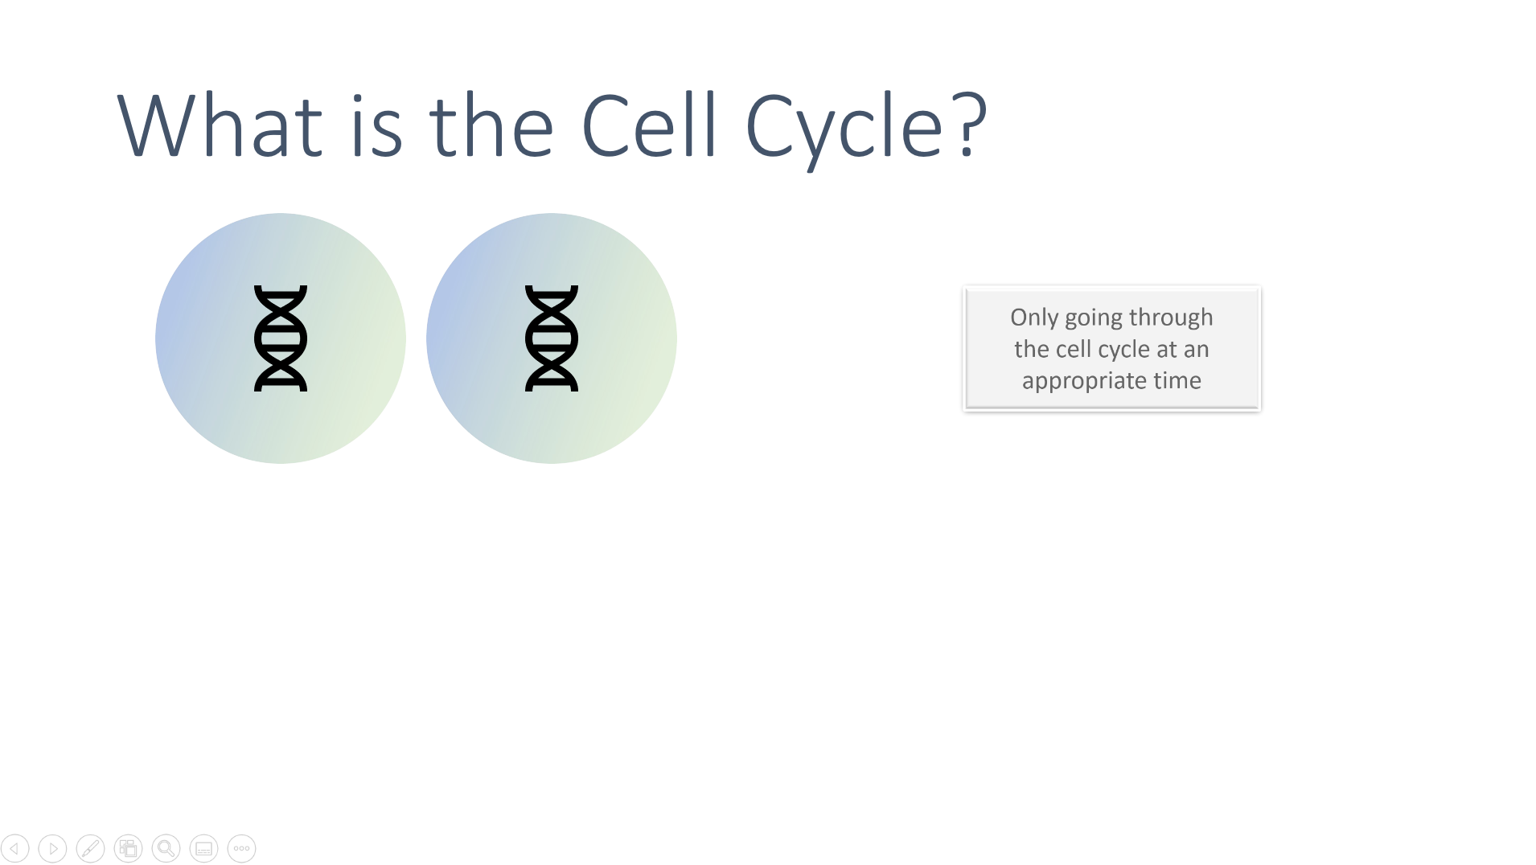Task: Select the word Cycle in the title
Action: point(844,129)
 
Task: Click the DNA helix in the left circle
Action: point(281,338)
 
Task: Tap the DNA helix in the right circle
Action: point(552,338)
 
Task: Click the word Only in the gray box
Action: point(1034,318)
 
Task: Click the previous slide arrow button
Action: point(15,848)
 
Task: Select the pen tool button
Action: point(90,848)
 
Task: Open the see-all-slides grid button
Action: point(128,848)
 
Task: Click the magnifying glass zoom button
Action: point(166,848)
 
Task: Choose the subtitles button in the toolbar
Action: point(203,848)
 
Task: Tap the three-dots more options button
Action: point(241,848)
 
